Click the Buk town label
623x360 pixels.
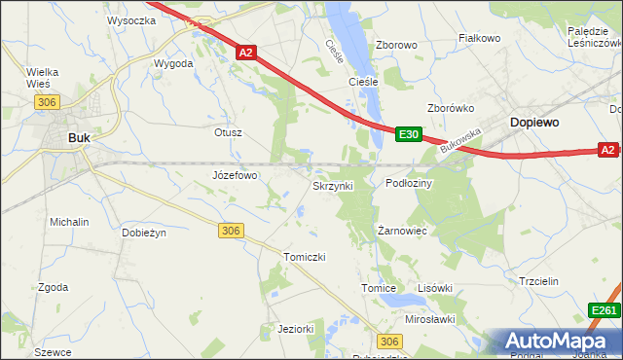79,138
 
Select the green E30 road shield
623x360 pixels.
409,134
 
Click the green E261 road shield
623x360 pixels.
604,310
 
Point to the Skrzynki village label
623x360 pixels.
339,184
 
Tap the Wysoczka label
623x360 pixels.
132,19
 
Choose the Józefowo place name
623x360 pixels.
235,176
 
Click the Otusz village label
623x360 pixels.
227,131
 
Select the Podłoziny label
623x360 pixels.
410,183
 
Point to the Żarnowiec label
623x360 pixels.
403,231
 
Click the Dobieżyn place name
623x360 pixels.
145,233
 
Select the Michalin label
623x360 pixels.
69,222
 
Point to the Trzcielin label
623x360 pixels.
537,281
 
